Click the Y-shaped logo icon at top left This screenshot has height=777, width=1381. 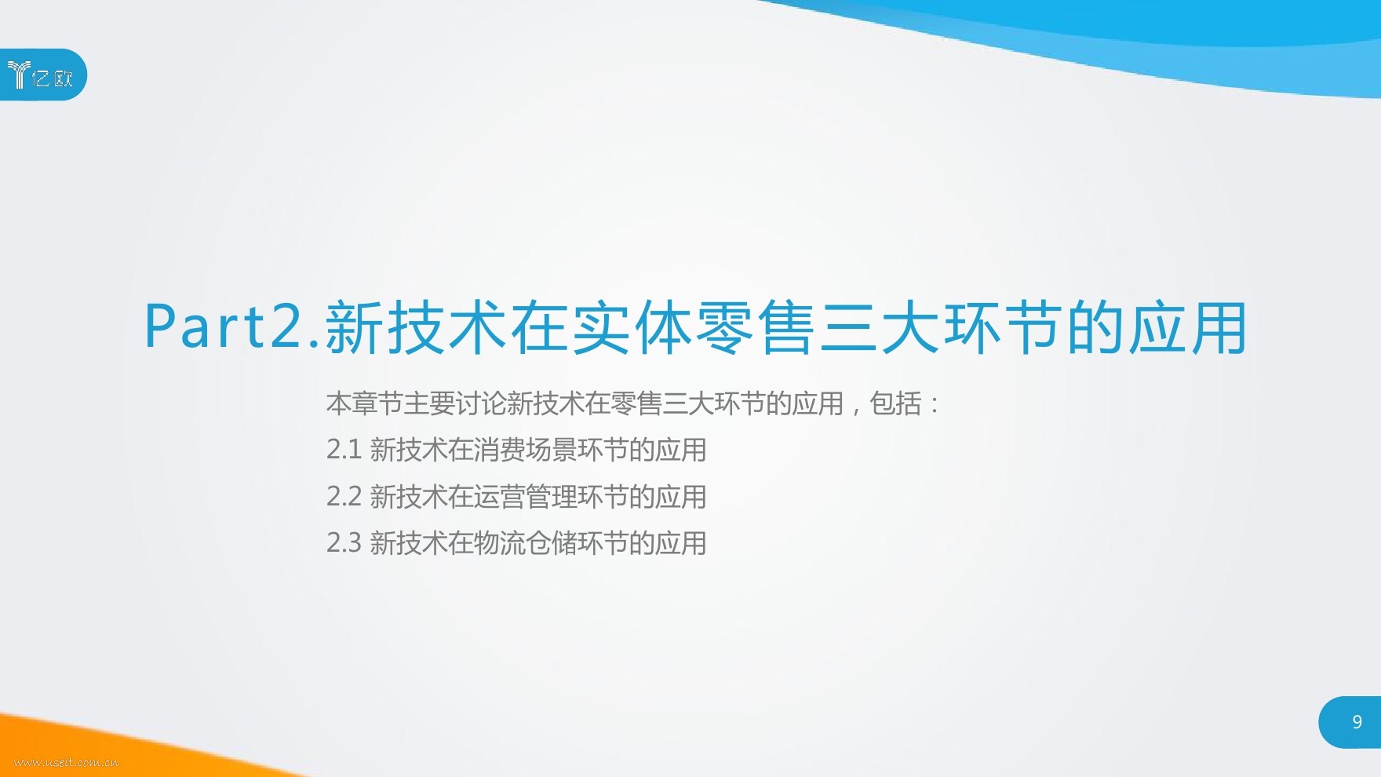[18, 75]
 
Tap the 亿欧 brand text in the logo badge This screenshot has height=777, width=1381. [53, 77]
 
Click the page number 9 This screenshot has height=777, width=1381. [1357, 721]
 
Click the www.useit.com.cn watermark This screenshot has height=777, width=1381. [67, 761]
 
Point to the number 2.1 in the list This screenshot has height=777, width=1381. [344, 450]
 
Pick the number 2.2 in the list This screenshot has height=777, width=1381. [344, 496]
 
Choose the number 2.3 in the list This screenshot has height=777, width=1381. [344, 542]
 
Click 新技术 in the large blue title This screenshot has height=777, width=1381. [416, 326]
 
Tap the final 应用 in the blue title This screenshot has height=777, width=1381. [1187, 326]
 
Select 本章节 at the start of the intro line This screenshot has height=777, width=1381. [365, 403]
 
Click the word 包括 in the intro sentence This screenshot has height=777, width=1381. [896, 403]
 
